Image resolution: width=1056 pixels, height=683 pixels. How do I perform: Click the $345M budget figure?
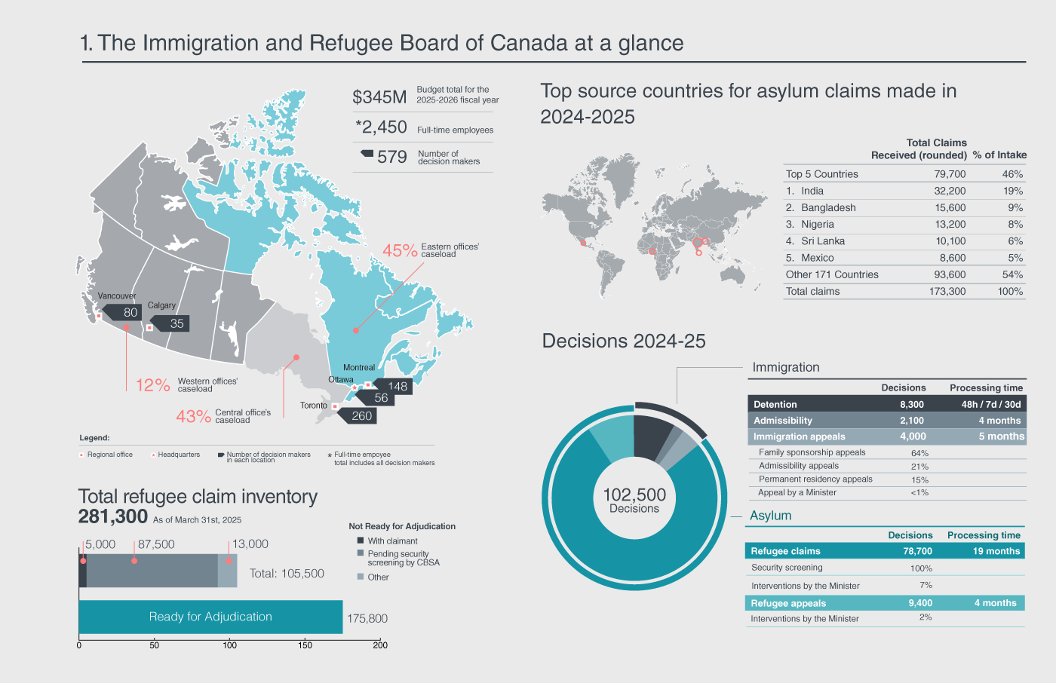point(379,97)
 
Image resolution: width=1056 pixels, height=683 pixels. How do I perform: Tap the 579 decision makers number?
point(392,157)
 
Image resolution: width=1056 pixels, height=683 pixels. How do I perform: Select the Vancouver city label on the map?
point(117,296)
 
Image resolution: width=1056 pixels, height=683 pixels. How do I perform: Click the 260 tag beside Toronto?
point(361,416)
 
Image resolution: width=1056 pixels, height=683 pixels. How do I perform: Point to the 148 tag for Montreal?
point(397,386)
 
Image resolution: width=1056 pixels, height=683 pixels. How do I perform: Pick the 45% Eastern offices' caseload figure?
point(400,250)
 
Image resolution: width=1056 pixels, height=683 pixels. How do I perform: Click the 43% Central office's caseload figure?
point(193,416)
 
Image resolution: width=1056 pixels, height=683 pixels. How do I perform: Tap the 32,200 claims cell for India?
point(950,191)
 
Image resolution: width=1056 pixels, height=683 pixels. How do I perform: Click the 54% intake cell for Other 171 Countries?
point(1012,275)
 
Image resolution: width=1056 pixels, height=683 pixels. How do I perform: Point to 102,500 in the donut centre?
point(634,495)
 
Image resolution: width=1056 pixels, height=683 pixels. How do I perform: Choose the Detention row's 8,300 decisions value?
point(911,405)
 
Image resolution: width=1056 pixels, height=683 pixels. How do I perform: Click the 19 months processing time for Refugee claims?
point(996,551)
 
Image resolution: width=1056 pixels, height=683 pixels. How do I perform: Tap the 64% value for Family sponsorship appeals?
point(919,453)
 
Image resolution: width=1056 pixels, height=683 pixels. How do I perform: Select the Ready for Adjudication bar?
point(210,617)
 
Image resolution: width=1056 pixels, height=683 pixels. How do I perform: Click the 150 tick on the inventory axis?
point(305,645)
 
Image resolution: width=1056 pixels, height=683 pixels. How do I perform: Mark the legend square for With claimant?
point(361,541)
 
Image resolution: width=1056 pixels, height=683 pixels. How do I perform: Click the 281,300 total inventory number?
point(113,516)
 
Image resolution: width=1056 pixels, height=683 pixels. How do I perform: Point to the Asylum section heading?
point(770,516)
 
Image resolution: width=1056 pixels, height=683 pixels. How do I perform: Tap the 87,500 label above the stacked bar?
point(156,544)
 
